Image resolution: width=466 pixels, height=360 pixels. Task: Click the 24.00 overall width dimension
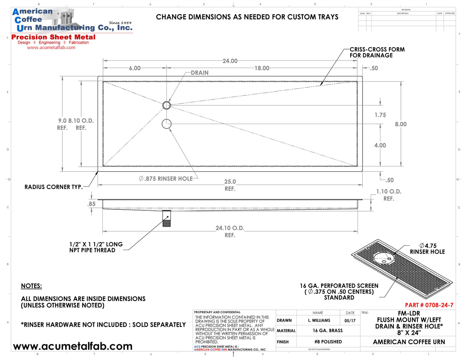[x=230, y=61]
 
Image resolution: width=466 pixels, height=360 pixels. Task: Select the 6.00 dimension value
[x=135, y=68]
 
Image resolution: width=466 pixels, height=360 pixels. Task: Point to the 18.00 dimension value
[x=262, y=68]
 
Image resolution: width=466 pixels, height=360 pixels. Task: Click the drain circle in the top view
[x=166, y=105]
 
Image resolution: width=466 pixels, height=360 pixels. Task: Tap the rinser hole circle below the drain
[x=166, y=124]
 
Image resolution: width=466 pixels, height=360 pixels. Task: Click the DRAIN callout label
[x=200, y=73]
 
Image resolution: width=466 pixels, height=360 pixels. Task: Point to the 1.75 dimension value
[x=380, y=115]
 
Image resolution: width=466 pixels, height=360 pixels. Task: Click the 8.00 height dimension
[x=400, y=124]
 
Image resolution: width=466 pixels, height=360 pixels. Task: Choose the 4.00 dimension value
[x=380, y=145]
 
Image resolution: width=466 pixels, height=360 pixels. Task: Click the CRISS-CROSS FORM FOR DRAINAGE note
[x=377, y=52]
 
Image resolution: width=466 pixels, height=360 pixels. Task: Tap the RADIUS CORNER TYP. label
[x=54, y=187]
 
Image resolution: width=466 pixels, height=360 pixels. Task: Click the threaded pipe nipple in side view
[x=166, y=219]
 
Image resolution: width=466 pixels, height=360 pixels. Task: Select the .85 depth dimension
[x=91, y=204]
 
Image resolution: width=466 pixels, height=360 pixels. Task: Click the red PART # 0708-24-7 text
[x=429, y=305]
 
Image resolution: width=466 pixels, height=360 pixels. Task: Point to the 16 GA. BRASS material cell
[x=327, y=331]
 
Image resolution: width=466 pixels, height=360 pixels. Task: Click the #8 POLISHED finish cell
[x=328, y=342]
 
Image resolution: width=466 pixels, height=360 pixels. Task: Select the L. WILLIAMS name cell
[x=319, y=321]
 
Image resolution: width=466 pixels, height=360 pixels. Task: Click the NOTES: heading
[x=31, y=286]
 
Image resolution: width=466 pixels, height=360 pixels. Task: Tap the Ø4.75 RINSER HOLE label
[x=427, y=249]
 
